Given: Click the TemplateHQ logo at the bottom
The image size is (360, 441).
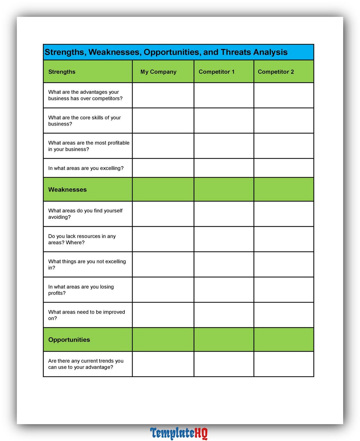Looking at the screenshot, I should pyautogui.click(x=179, y=433).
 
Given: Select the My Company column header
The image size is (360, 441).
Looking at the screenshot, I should pyautogui.click(x=158, y=72).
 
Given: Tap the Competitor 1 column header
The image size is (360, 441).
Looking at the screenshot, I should pyautogui.click(x=217, y=72).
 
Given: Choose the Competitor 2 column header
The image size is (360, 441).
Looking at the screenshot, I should pyautogui.click(x=276, y=72).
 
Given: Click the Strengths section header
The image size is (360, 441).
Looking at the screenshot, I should pyautogui.click(x=62, y=72).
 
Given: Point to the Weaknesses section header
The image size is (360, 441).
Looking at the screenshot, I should pyautogui.click(x=67, y=190).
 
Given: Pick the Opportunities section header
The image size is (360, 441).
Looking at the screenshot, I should pyautogui.click(x=69, y=340).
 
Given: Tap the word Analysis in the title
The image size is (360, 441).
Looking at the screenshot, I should pyautogui.click(x=270, y=52).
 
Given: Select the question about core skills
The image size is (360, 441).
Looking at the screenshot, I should pyautogui.click(x=85, y=121).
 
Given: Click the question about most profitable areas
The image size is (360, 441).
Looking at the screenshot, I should pyautogui.click(x=89, y=146).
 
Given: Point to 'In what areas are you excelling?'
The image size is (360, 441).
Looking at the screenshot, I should pyautogui.click(x=86, y=168).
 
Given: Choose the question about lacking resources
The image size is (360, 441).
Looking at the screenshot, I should pyautogui.click(x=82, y=239).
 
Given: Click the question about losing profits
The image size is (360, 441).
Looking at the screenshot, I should pyautogui.click(x=81, y=290).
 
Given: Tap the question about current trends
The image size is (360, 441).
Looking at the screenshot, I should pyautogui.click(x=86, y=364).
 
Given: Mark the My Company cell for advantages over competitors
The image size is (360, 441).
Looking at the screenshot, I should pyautogui.click(x=163, y=95).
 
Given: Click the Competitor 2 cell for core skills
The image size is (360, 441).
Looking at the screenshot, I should pyautogui.click(x=284, y=121).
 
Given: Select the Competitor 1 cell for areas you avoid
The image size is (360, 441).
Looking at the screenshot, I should pyautogui.click(x=224, y=214).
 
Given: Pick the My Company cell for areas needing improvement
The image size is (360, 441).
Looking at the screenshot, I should pyautogui.click(x=163, y=315).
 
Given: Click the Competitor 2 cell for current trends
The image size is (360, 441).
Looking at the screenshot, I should pyautogui.click(x=284, y=364).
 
